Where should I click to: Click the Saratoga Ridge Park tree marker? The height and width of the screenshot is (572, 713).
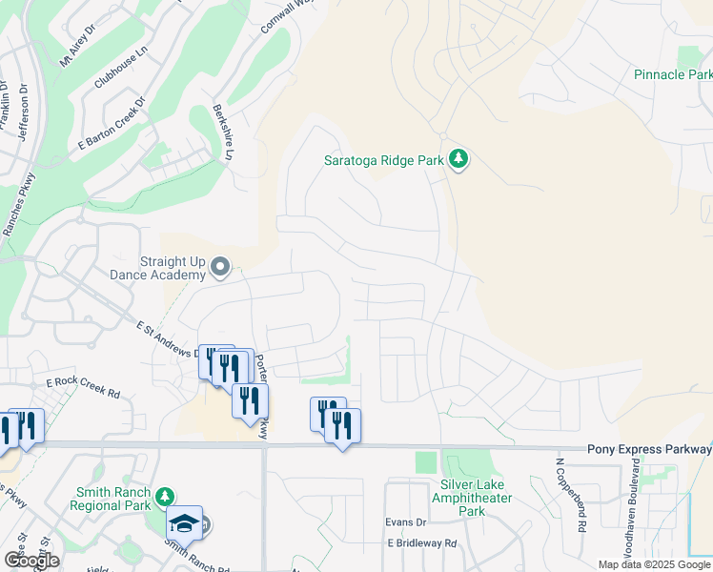click(x=459, y=159)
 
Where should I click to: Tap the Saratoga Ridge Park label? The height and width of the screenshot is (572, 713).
click(x=382, y=161)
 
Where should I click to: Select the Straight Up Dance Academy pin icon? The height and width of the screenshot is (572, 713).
click(x=220, y=268)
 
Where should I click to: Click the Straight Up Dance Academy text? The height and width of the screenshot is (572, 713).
click(x=173, y=268)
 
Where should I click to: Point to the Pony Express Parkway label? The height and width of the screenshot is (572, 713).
click(x=649, y=449)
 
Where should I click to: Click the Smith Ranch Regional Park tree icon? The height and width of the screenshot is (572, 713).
click(x=165, y=496)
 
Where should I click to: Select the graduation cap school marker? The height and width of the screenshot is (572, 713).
click(x=183, y=522)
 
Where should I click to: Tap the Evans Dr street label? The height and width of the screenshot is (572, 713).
click(x=404, y=522)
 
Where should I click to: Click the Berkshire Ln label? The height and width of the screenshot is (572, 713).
click(x=223, y=132)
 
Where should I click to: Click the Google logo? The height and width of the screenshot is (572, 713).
click(x=31, y=561)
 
